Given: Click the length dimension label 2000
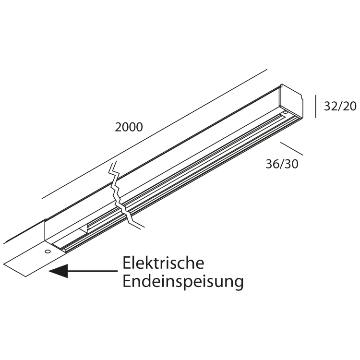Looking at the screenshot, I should [x=129, y=127].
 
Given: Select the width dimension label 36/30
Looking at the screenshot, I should [x=282, y=164].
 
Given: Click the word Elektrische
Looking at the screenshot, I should [x=164, y=264].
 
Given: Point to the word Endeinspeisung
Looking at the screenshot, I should [x=183, y=281].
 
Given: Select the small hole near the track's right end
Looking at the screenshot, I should [x=285, y=113].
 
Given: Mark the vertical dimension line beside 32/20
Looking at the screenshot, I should [x=315, y=107].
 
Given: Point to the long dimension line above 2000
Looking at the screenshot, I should [x=154, y=134].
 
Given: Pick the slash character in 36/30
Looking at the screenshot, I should [x=284, y=164].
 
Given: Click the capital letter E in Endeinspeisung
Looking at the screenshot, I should [x=127, y=281].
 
